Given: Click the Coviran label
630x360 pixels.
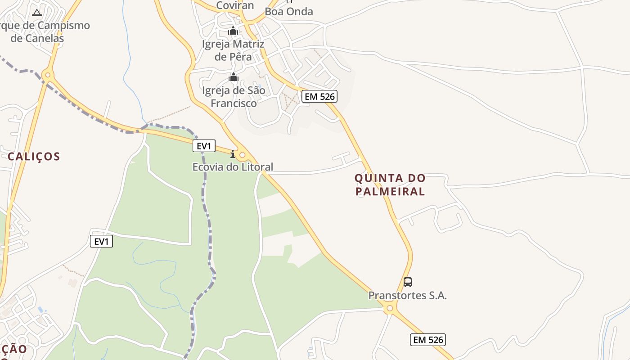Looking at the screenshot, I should click(235, 5).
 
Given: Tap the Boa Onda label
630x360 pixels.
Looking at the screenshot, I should click(289, 12).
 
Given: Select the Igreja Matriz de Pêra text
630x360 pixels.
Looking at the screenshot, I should click(233, 50).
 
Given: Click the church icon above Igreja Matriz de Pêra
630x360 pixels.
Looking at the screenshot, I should click(233, 31).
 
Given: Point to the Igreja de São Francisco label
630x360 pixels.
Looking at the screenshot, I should click(234, 97).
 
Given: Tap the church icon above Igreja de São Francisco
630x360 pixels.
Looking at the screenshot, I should click(233, 77).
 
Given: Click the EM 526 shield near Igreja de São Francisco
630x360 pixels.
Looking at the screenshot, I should click(319, 96).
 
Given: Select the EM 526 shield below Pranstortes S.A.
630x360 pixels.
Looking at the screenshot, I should click(427, 340).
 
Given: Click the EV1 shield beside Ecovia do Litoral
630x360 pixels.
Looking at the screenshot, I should click(204, 146).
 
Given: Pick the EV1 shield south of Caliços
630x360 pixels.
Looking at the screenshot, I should click(102, 242).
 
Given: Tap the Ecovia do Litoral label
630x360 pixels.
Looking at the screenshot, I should click(233, 167).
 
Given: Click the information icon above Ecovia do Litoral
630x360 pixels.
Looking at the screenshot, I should click(233, 154).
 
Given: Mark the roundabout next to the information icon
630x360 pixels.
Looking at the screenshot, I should click(243, 155).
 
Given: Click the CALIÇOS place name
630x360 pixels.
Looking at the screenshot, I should click(34, 157).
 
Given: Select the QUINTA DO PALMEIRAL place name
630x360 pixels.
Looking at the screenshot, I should click(390, 184).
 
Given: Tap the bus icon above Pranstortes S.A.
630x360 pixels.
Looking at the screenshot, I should click(407, 282).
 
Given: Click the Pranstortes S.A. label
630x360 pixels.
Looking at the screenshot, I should click(407, 296).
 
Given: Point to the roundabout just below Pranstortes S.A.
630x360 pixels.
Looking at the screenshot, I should click(390, 309).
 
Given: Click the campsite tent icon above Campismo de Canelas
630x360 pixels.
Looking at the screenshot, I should click(37, 13).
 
